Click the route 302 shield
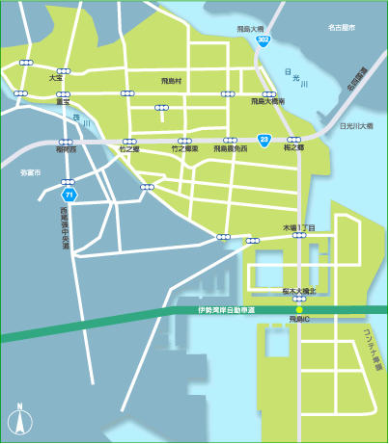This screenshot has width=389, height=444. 264,41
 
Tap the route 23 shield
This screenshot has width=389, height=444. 264,140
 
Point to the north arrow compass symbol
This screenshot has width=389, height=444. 17,420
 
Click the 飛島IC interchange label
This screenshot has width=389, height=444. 298,318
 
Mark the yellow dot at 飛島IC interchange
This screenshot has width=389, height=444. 300,309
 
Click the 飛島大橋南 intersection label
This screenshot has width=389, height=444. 267,100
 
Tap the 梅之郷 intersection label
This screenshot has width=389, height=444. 294,148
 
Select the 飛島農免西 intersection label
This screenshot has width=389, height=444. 230,149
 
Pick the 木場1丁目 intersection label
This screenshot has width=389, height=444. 298,227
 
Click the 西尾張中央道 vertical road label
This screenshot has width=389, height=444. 66,226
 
